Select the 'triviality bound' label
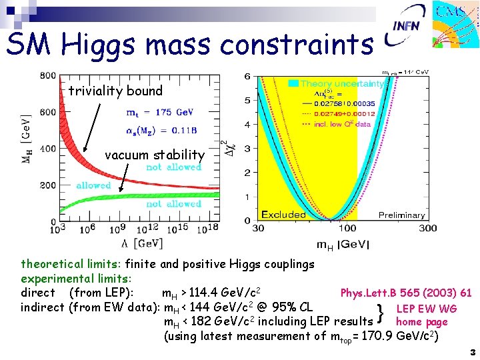tap(115, 91)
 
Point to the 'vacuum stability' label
tap(155, 155)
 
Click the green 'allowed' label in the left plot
tap(93, 185)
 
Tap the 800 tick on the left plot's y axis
tap(47, 75)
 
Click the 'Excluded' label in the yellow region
tap(283, 215)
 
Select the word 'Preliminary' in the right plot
tap(401, 215)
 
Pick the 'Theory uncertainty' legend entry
tap(341, 84)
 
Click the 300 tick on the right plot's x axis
tap(427, 229)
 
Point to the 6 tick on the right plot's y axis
tap(247, 77)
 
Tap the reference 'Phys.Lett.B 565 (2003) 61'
tap(406, 293)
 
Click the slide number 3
tap(472, 351)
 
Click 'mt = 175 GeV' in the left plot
tap(160, 112)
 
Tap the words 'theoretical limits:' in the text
tap(71, 264)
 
